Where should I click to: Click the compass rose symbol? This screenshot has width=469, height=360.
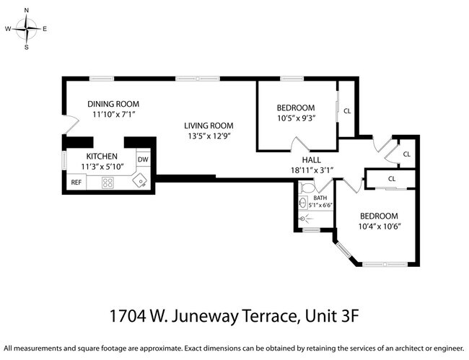click(27, 29)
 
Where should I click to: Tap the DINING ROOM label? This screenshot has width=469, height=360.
click(113, 103)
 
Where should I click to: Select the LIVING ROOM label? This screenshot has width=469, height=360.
click(209, 125)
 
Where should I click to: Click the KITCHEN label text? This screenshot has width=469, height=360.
click(102, 156)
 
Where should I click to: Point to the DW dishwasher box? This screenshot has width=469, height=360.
click(143, 159)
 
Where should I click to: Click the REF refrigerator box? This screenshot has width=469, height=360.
click(76, 183)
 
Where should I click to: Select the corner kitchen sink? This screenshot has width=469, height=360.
click(142, 180)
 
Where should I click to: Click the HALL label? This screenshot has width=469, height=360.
click(311, 160)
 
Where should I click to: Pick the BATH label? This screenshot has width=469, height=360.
click(320, 198)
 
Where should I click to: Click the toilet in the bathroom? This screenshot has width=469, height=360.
click(305, 188)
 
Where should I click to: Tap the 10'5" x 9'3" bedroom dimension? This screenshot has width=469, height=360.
click(296, 118)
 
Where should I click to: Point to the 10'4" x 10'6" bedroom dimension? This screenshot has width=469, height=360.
click(380, 227)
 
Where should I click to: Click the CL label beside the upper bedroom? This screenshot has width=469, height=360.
click(347, 110)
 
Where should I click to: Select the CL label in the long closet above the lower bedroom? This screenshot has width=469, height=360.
click(392, 178)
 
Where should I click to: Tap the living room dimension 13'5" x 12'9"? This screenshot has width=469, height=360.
click(209, 135)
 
